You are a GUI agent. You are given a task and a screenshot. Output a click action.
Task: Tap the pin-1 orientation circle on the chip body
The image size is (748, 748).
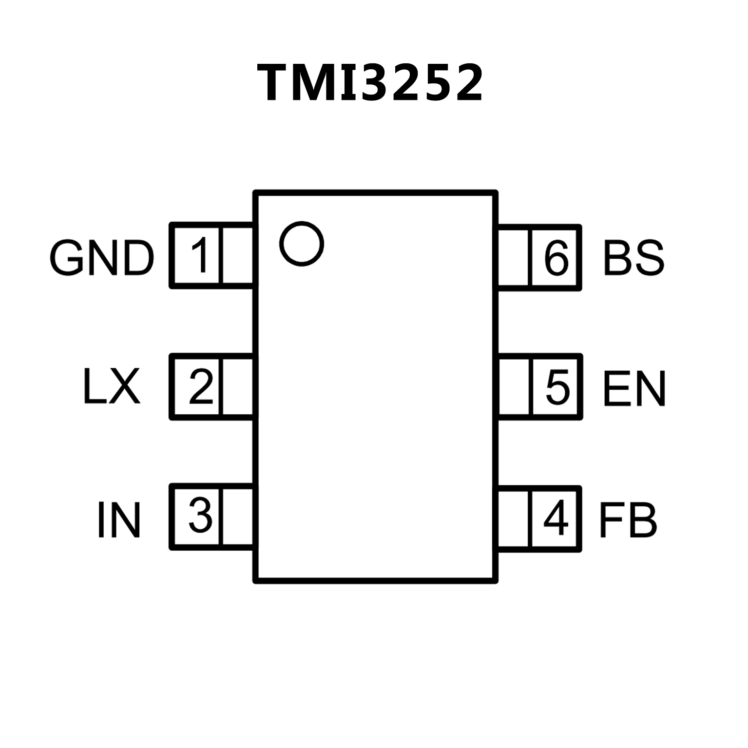click(x=302, y=244)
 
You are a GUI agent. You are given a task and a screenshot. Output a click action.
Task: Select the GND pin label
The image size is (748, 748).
click(x=102, y=258)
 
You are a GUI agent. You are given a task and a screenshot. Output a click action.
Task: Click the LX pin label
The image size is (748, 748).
click(x=112, y=387)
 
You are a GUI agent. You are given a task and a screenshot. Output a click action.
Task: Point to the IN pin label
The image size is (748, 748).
click(x=119, y=520)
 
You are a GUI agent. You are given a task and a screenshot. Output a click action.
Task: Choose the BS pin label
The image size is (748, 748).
click(x=633, y=257)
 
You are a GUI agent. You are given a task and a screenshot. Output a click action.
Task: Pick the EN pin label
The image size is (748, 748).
click(x=634, y=389)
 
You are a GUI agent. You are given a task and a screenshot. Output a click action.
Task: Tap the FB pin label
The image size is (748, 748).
click(x=628, y=520)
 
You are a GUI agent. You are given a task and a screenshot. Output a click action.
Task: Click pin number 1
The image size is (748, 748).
click(x=199, y=256)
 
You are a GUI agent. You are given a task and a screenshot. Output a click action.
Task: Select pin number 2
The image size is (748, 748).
click(x=201, y=387)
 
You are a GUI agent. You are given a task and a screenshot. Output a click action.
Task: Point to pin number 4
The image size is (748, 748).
click(x=556, y=518)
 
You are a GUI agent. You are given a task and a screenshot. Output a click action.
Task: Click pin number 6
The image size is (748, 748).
click(x=556, y=257)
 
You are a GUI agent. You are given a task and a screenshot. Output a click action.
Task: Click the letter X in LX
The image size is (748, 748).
click(x=125, y=387)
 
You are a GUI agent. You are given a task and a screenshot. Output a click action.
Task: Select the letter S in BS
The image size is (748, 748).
click(x=649, y=257)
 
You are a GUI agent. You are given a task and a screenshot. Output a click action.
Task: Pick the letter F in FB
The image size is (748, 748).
click(x=611, y=520)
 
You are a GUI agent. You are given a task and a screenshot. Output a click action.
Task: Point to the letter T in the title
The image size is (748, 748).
click(x=279, y=83)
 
